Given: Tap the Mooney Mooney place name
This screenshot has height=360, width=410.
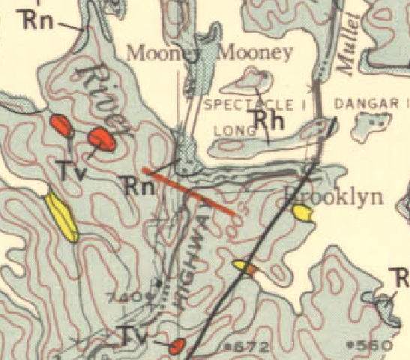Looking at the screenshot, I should (x=211, y=53).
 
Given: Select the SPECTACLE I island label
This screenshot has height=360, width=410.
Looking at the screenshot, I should (x=254, y=105).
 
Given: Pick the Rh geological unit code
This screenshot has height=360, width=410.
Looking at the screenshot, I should (x=264, y=120).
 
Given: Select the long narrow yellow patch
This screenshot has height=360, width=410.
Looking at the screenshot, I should (x=61, y=217).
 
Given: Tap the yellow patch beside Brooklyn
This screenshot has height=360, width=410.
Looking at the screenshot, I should (x=302, y=214).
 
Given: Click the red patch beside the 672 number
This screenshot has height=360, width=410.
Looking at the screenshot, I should (x=177, y=346).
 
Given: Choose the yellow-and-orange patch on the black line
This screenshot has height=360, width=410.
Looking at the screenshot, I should (x=246, y=267).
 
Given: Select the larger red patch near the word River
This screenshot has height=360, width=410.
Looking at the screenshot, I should (x=100, y=139).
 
